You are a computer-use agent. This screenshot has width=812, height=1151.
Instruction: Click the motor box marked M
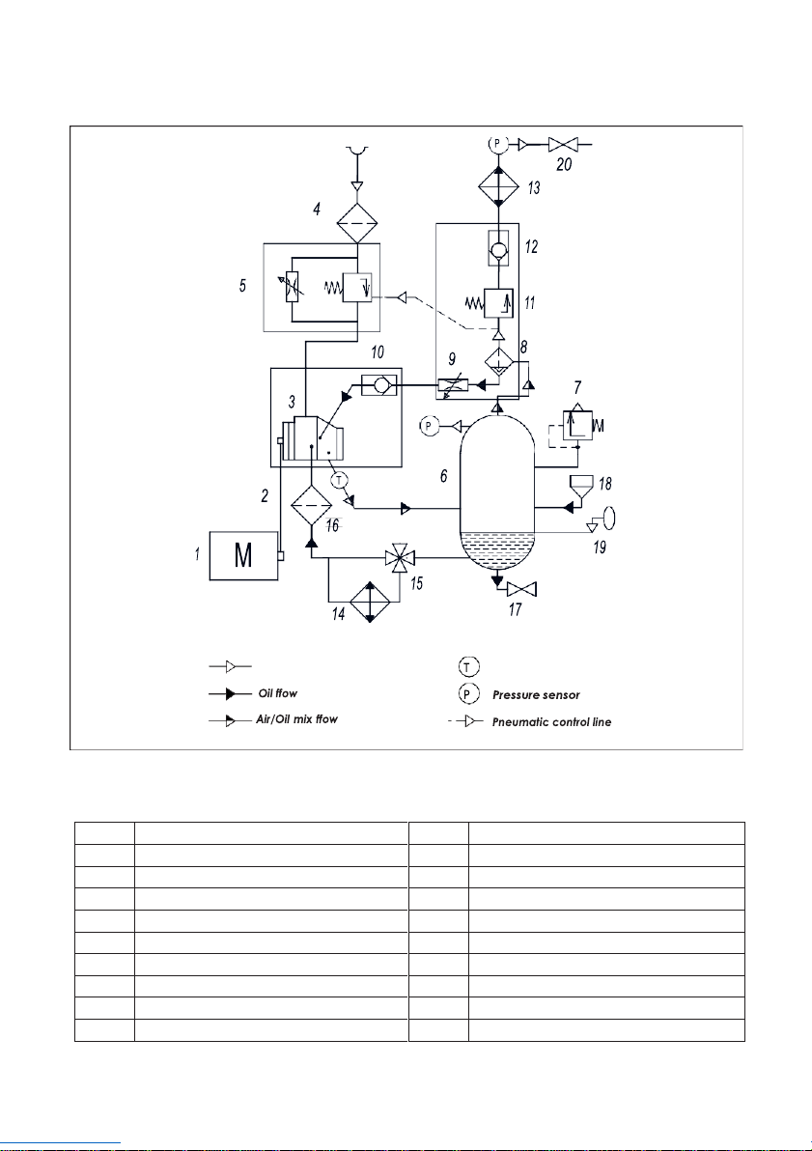pyautogui.click(x=243, y=555)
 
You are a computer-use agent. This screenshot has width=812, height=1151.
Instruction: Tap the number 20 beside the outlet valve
pyautogui.click(x=564, y=164)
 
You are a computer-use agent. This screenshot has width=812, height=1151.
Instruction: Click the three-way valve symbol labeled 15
pyautogui.click(x=400, y=558)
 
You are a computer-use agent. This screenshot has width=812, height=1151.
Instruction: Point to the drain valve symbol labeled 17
pyautogui.click(x=522, y=589)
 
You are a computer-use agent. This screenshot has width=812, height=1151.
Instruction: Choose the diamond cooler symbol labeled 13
pyautogui.click(x=498, y=184)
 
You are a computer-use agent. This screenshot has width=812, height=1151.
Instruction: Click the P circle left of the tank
pyautogui.click(x=430, y=426)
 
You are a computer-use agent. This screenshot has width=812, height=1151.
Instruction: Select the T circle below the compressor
pyautogui.click(x=339, y=481)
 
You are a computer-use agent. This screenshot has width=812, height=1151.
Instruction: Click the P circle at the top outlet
pyautogui.click(x=498, y=143)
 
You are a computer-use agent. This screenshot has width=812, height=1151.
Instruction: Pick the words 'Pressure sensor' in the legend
pyautogui.click(x=536, y=695)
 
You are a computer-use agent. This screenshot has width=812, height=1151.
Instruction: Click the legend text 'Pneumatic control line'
pyautogui.click(x=551, y=722)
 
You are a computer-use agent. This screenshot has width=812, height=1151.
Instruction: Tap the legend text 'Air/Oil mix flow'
pyautogui.click(x=296, y=719)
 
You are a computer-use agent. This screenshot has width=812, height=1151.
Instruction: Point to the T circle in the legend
pyautogui.click(x=468, y=666)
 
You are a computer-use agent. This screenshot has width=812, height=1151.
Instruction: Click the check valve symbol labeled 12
pyautogui.click(x=498, y=249)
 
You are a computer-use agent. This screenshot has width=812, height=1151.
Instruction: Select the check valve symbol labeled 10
pyautogui.click(x=378, y=383)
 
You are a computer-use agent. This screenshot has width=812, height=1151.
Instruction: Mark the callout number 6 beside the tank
pyautogui.click(x=444, y=476)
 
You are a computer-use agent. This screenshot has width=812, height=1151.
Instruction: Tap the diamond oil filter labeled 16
pyautogui.click(x=311, y=505)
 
